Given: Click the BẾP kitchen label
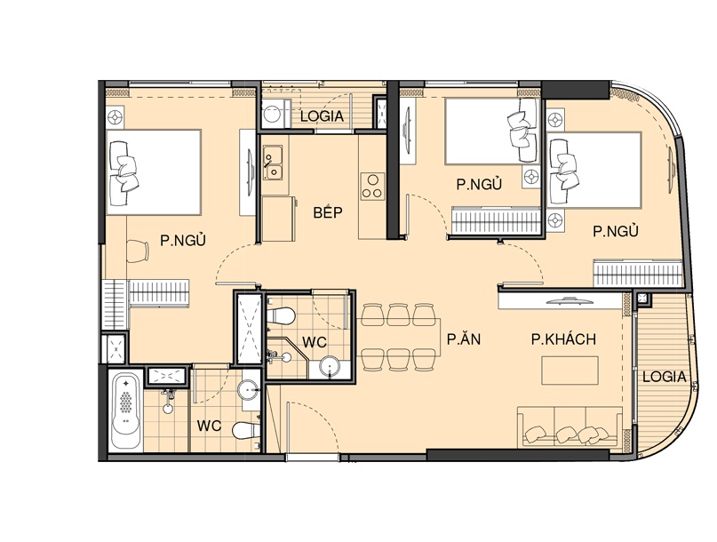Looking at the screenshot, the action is coord(328,212).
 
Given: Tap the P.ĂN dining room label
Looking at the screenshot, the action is coord(464,339).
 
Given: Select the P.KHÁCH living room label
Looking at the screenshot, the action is coord(563,339).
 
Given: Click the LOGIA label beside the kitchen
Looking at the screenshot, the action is coord(322,116).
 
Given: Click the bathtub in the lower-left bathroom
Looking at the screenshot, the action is coord(126,411).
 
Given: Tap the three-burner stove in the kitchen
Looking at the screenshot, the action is coord(372,187).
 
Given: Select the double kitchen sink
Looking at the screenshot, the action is coord(273,163).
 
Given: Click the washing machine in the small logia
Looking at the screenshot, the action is coord(273,113).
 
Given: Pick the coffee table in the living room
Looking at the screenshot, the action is coord(570,371).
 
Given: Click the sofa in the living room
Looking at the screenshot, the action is coord(570,426).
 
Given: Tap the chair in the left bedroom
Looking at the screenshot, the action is coord(137,251).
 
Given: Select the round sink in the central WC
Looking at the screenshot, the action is coord(330,366).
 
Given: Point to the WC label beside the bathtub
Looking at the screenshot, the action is coord(209,426).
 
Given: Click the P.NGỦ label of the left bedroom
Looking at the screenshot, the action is coord(183,240).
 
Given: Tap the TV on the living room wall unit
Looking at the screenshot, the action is coord(570,300).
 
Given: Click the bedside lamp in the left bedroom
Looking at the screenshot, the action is coord(115,117).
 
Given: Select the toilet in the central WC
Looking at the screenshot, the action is coord(281,316).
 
